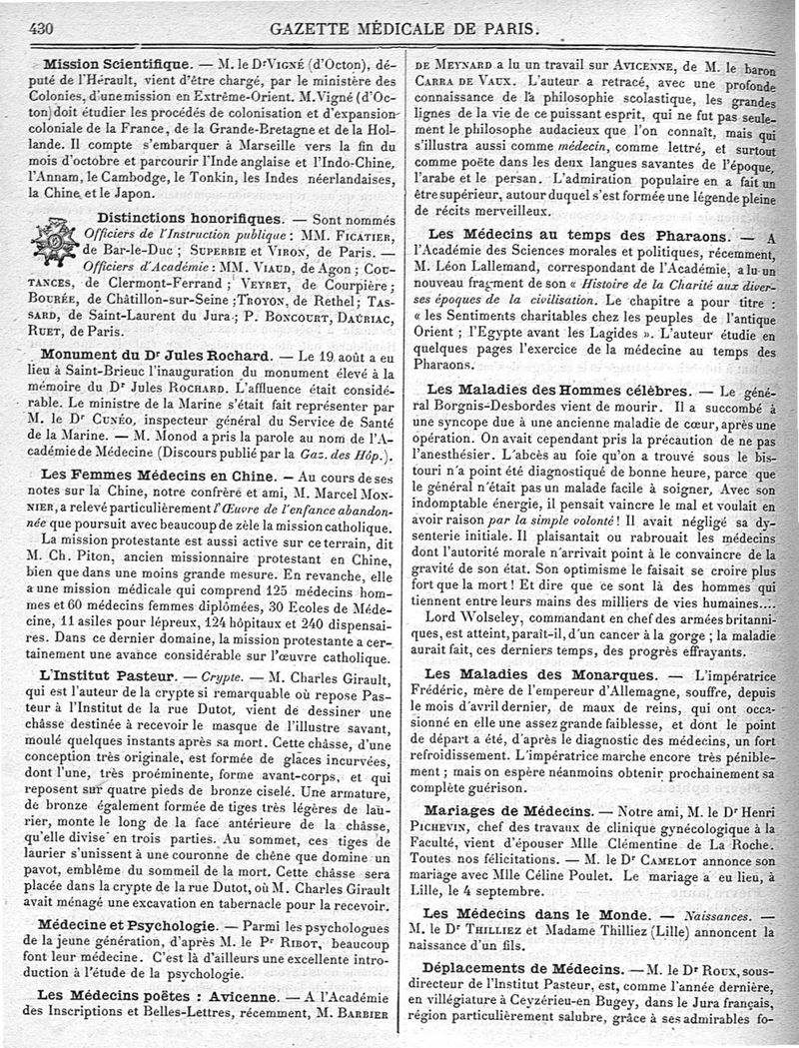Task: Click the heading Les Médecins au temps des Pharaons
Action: point(581,236)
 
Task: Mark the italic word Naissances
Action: point(703,913)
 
